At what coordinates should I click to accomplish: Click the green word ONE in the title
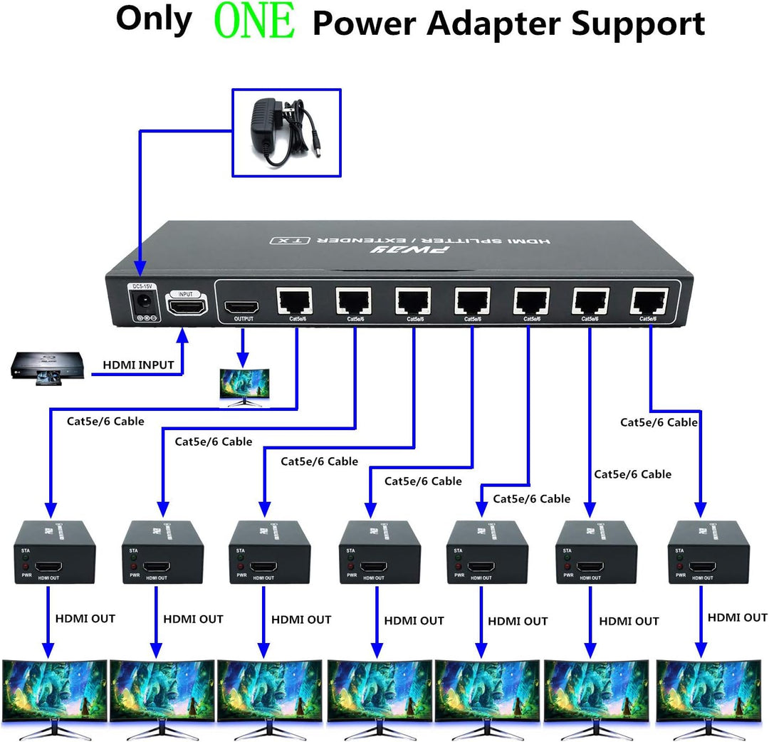pyautogui.click(x=254, y=22)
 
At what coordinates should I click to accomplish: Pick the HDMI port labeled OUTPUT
pyautogui.click(x=242, y=307)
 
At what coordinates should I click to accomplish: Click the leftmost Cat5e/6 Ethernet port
pyautogui.click(x=295, y=302)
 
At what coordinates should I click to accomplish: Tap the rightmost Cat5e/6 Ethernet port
pyautogui.click(x=649, y=302)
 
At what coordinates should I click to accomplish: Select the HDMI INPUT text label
pyautogui.click(x=138, y=365)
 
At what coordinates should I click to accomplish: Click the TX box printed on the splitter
pyautogui.click(x=282, y=241)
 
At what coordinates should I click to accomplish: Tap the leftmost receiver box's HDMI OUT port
pyautogui.click(x=49, y=568)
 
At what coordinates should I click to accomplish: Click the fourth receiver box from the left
pyautogui.click(x=380, y=553)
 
